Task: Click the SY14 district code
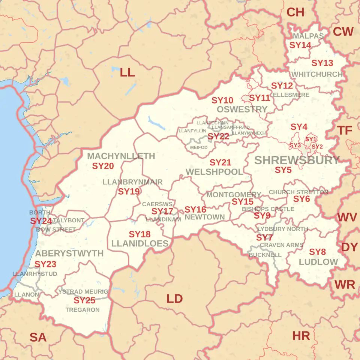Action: [x=300, y=45]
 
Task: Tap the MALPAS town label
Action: [x=308, y=36]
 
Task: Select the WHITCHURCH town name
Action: [x=317, y=74]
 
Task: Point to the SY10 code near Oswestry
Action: [x=222, y=100]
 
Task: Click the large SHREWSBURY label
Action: [x=297, y=160]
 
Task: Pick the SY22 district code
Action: [x=218, y=136]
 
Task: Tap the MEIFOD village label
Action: [x=199, y=147]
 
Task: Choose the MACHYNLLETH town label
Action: [x=121, y=156]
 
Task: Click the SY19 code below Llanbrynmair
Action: [x=129, y=192]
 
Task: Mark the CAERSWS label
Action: [x=157, y=204]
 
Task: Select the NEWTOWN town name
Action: [x=205, y=217]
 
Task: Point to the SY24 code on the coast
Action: [x=41, y=221]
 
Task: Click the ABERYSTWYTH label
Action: [x=69, y=253]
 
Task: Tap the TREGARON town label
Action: [x=82, y=310]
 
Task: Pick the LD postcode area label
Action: [x=174, y=299]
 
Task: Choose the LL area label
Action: [x=127, y=73]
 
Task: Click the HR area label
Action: [x=301, y=336]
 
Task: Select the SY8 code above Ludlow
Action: [x=317, y=252]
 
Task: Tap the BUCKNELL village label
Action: [x=265, y=255]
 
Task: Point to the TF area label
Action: [x=345, y=130]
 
